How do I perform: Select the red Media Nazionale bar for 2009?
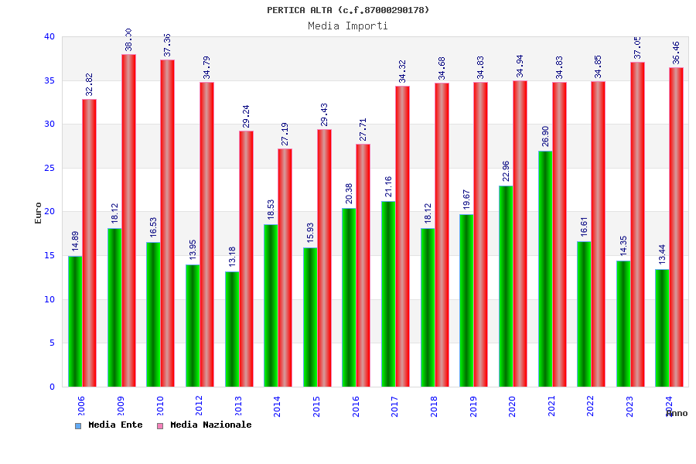coord(128,220)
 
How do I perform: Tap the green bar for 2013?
coord(232,329)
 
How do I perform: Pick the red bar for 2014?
coord(285,268)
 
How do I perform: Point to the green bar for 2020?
coord(506,286)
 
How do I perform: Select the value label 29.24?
coord(246,116)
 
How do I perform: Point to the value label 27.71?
coord(363,129)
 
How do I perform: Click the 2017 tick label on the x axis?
coord(395,406)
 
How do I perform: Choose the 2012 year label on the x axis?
coord(199,406)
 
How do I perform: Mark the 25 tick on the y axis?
coord(49,168)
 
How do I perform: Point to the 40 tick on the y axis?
coord(49,36)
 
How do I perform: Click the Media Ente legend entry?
coord(109,425)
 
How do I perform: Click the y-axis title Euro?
coord(39,213)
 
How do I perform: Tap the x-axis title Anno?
coord(677,413)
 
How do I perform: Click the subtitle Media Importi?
coord(348,26)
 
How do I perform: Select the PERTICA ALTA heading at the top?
coord(348,10)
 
